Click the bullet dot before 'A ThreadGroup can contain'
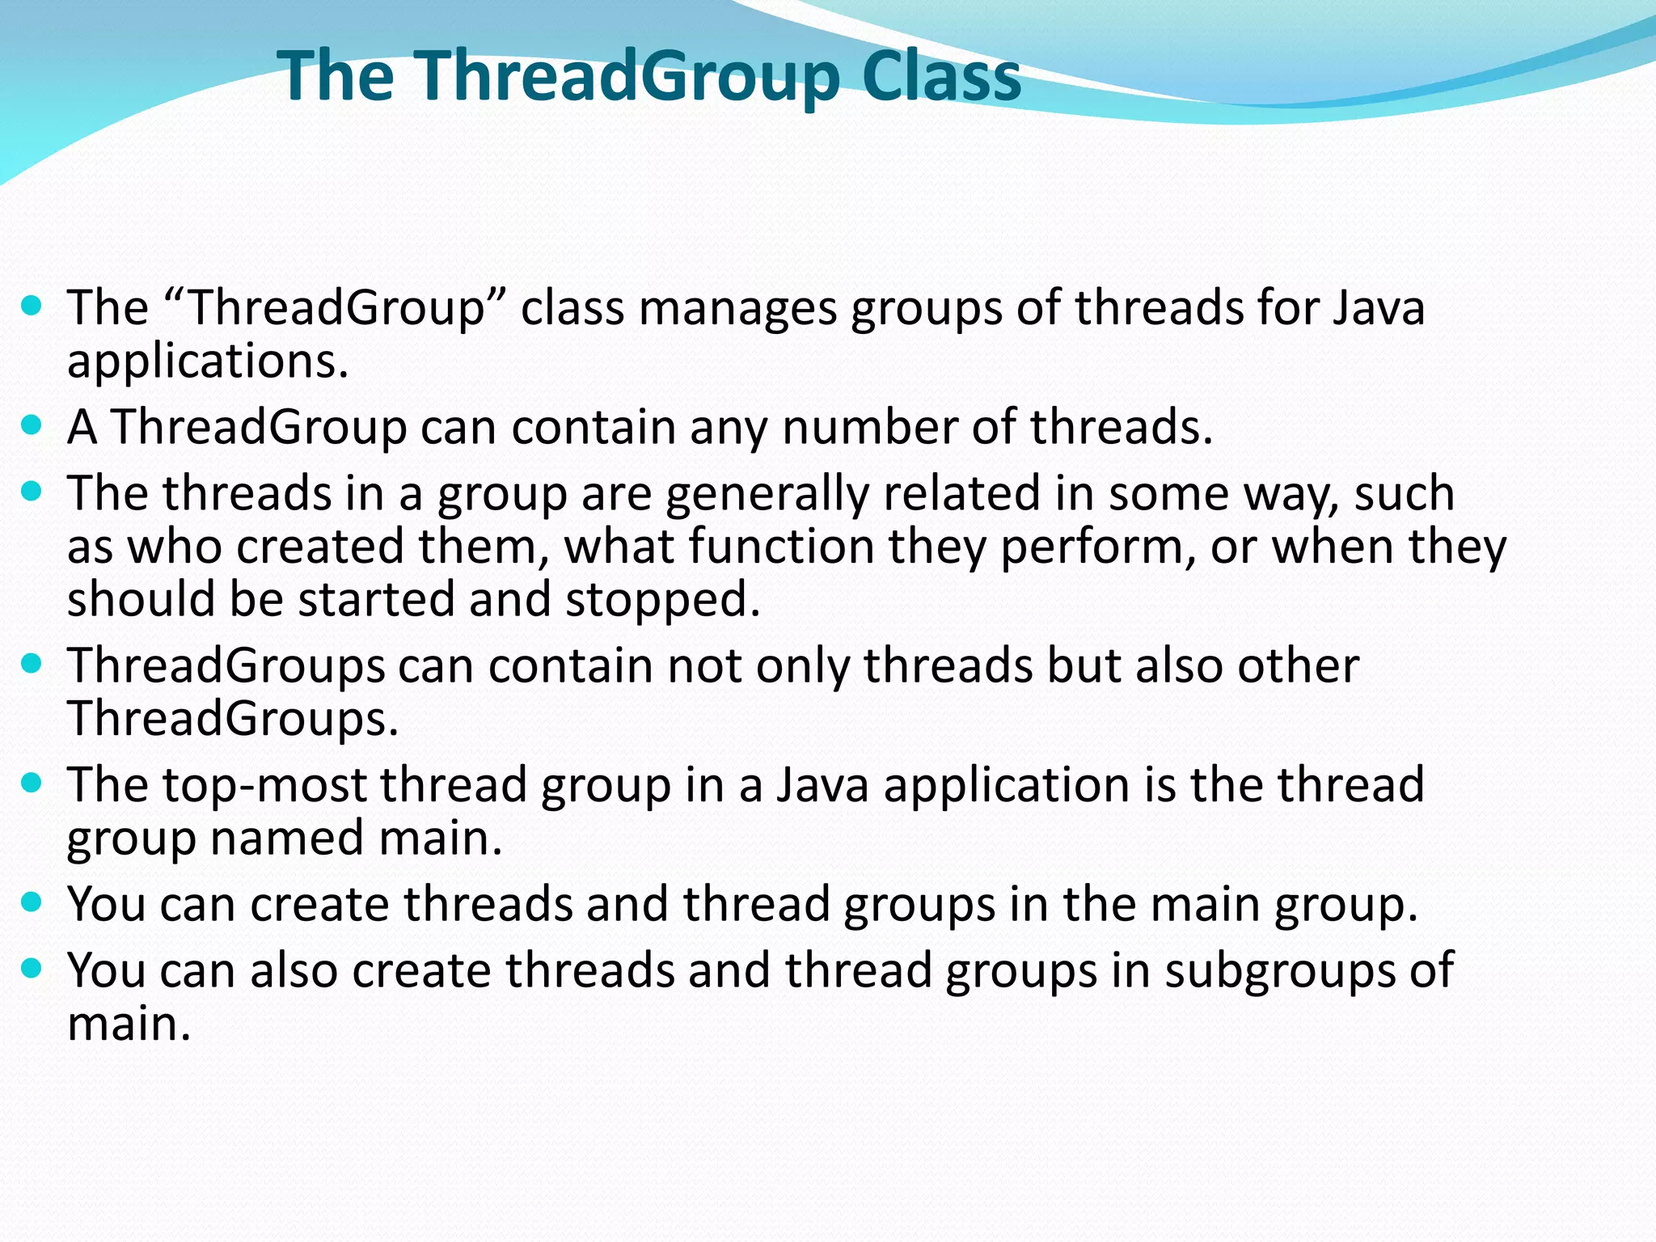pos(32,425)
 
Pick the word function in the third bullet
pos(781,547)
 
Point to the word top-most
pos(264,785)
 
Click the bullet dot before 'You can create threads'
pos(32,902)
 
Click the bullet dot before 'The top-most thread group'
pos(32,784)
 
